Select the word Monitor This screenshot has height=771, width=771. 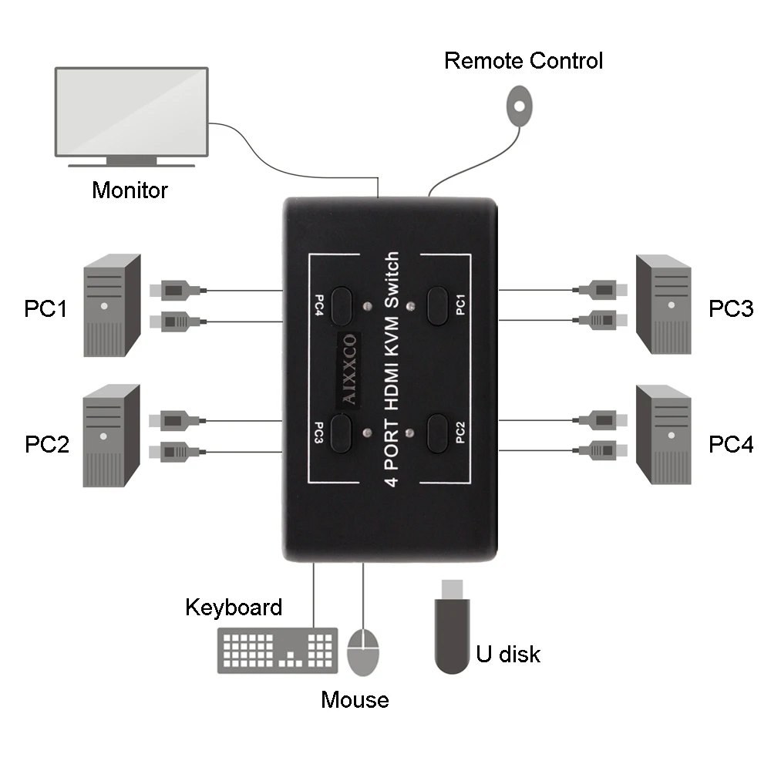(130, 190)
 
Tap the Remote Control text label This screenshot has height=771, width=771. (524, 61)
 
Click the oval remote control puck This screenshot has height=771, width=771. (520, 106)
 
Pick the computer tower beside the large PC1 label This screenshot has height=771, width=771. (112, 306)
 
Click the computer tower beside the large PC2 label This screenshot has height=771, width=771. (112, 436)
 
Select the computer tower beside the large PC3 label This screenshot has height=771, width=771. (663, 305)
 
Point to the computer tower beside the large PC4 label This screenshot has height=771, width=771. (663, 435)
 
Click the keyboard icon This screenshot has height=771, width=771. (278, 651)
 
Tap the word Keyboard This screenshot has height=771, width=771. (234, 608)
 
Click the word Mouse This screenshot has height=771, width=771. (355, 699)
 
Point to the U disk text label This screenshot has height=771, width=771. (507, 655)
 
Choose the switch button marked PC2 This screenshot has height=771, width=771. (438, 433)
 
